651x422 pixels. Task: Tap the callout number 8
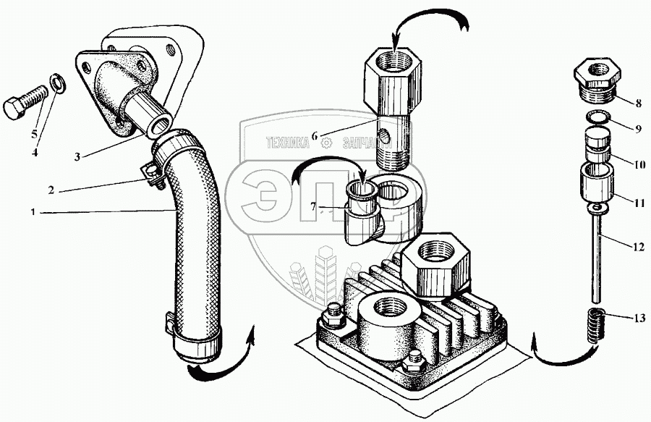point(638,102)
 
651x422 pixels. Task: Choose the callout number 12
point(637,247)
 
